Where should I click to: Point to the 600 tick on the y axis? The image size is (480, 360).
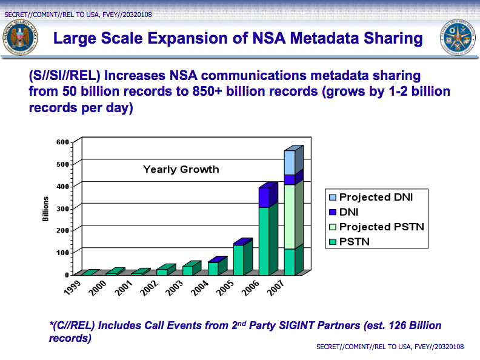[62, 142]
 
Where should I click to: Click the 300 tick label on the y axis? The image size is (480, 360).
[62, 208]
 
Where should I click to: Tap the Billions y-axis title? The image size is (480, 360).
[45, 208]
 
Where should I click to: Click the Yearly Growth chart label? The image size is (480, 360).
[181, 170]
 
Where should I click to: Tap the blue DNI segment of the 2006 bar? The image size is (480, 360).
[264, 197]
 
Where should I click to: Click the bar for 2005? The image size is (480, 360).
[238, 259]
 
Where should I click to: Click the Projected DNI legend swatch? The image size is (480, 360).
[332, 197]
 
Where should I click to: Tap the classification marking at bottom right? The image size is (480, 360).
[390, 347]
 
